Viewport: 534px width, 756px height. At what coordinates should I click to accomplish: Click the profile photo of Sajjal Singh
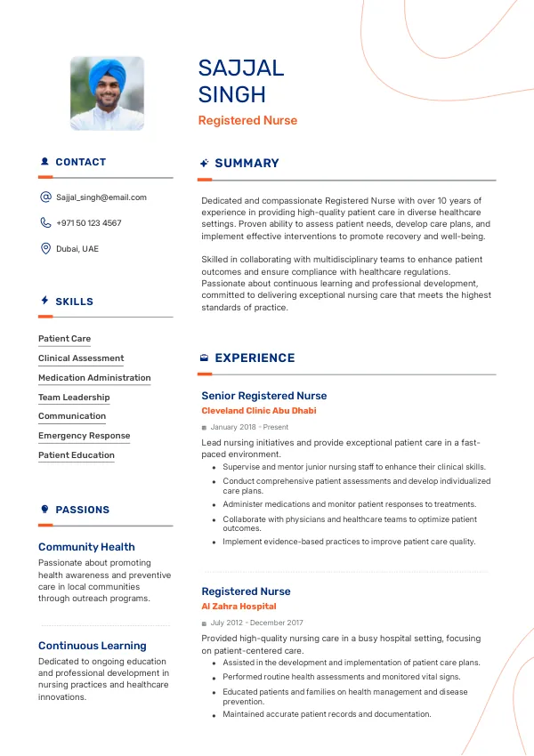(x=107, y=93)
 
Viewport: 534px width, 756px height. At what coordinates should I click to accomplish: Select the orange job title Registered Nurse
(x=247, y=120)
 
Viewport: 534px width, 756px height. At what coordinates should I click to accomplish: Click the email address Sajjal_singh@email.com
(x=101, y=197)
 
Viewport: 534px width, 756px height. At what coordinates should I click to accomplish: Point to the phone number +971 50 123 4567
(x=89, y=223)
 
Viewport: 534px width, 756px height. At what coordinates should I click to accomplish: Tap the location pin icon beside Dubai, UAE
(x=45, y=249)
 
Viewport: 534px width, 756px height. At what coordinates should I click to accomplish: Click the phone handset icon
(x=45, y=223)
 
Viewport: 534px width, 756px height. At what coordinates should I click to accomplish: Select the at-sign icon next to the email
(x=45, y=197)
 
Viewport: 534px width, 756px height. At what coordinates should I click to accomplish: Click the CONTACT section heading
(x=80, y=162)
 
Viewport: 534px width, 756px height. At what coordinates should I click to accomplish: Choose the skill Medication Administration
(x=94, y=378)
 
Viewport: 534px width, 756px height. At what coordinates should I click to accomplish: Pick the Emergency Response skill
(x=84, y=436)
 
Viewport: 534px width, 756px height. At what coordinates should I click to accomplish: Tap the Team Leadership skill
(x=74, y=398)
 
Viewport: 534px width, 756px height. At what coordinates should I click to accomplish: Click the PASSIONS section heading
(x=82, y=510)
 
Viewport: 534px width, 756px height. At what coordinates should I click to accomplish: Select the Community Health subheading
(x=86, y=547)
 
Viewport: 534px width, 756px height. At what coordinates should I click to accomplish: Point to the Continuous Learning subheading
(x=92, y=646)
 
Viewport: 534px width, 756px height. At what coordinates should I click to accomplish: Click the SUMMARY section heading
(x=247, y=163)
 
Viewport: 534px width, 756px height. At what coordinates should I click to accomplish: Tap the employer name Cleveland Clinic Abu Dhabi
(x=258, y=411)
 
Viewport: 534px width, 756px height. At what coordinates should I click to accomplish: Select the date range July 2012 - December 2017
(x=256, y=623)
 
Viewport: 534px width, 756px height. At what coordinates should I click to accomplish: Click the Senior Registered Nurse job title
(x=263, y=396)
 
